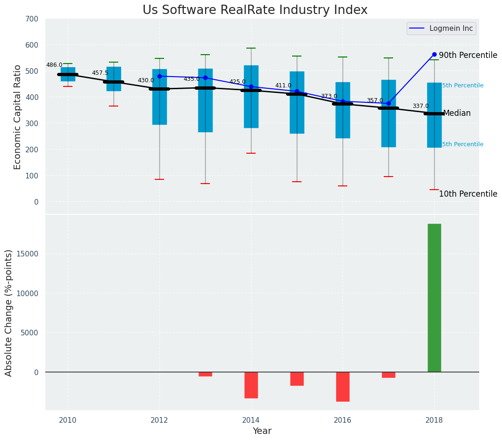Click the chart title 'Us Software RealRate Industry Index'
click(x=255, y=10)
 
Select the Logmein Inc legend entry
click(x=441, y=28)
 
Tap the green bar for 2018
click(x=434, y=298)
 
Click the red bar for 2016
click(x=343, y=386)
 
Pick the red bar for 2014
click(x=251, y=385)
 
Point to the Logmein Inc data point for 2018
click(x=434, y=54)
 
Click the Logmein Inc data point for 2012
click(x=159, y=76)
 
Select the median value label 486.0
click(x=54, y=65)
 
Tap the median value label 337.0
click(x=421, y=106)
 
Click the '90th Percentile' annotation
click(x=468, y=55)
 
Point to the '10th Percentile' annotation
click(x=468, y=194)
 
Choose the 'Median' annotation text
click(x=457, y=114)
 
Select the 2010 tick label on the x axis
click(x=68, y=420)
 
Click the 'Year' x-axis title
click(x=262, y=431)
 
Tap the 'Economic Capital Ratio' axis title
click(x=17, y=117)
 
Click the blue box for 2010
click(x=68, y=74)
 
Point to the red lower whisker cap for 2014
click(x=251, y=153)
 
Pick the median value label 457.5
click(x=100, y=73)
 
